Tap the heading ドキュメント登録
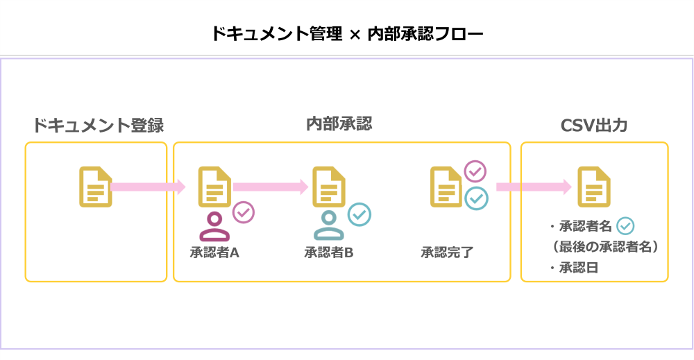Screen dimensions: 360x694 coord(98,126)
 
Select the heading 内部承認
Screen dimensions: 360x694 coord(339,124)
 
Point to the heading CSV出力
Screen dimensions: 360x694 coord(594,126)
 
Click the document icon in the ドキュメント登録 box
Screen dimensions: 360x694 coord(96,187)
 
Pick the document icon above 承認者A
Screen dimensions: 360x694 coord(214,187)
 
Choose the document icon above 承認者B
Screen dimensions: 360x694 coord(329,187)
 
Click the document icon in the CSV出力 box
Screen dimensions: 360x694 coord(594,187)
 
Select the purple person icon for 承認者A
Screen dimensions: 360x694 coord(214,226)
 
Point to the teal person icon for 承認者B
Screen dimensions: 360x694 coord(329,226)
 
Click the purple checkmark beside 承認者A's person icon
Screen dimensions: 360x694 coord(243,212)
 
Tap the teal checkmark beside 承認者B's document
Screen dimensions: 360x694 coord(359,214)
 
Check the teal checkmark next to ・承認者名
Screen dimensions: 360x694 coord(625,225)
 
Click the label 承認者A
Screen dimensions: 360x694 coord(214,252)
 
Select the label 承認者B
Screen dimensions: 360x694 coord(329,252)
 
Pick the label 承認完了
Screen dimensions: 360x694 coord(447,252)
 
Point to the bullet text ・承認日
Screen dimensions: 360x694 coord(573,268)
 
